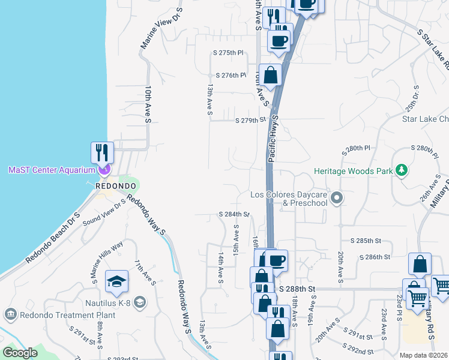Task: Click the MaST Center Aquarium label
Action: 52,170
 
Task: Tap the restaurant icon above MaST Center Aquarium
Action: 102,152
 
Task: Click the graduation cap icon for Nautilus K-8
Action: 116,280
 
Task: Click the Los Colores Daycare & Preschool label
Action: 290,199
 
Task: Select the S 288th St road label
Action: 297,289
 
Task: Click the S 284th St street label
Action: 234,214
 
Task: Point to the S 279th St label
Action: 250,120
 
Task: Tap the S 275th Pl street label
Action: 228,53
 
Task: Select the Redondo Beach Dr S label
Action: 52,238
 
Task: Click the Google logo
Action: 20,353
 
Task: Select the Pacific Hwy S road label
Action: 273,139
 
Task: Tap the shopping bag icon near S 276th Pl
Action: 271,75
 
